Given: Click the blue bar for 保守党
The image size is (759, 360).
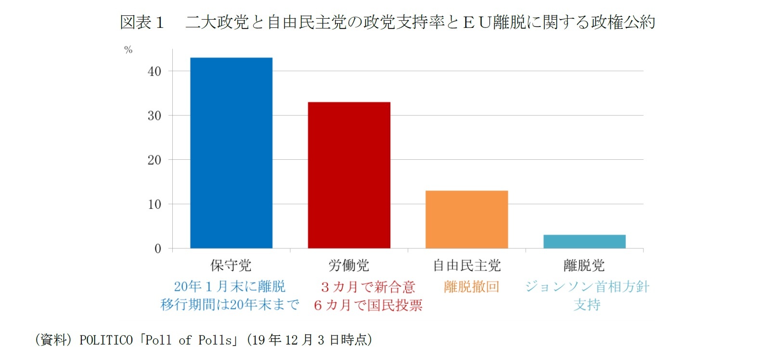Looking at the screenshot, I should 231,153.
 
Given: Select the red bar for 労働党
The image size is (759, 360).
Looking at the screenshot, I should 349,175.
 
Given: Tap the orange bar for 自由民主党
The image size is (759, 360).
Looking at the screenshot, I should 466,219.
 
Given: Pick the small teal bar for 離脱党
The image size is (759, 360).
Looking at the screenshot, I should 584,242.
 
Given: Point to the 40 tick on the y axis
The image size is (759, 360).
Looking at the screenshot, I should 154,71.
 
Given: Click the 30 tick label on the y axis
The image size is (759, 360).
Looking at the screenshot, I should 154,116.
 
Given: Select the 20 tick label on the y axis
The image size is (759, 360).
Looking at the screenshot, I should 154,160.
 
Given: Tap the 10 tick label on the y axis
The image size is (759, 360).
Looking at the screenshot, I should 154,204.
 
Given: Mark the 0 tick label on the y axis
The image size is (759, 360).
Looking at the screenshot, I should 158,249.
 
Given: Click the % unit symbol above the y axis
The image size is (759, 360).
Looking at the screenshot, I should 128,50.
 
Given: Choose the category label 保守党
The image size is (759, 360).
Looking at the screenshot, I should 231,265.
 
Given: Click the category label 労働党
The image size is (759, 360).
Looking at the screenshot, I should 349,265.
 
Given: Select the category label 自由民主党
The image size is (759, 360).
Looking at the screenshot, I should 466,265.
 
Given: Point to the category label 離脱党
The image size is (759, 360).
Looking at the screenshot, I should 584,265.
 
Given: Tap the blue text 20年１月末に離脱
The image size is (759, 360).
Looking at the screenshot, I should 230,286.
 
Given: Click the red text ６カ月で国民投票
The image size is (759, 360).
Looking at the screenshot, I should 368,305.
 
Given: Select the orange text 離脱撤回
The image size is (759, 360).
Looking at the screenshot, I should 471,286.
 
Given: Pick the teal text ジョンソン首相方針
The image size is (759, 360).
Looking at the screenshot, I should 587,286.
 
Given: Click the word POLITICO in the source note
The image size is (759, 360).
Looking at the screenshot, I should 106,340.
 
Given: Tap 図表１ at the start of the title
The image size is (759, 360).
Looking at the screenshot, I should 142,22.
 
